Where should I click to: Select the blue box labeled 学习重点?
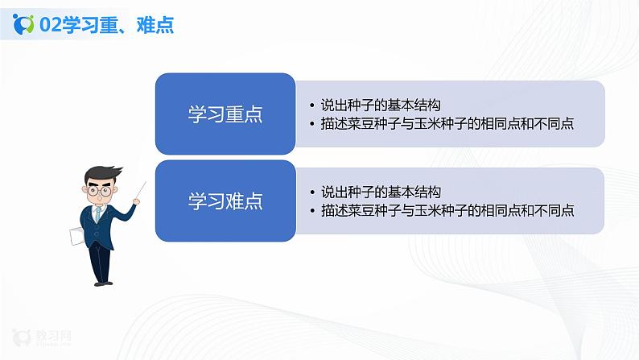pos(225,114)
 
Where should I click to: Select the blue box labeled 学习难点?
pos(225,201)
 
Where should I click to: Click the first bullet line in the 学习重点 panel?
pos(380,105)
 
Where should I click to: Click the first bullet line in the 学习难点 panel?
pos(380,192)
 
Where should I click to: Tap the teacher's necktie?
pos(97,214)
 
